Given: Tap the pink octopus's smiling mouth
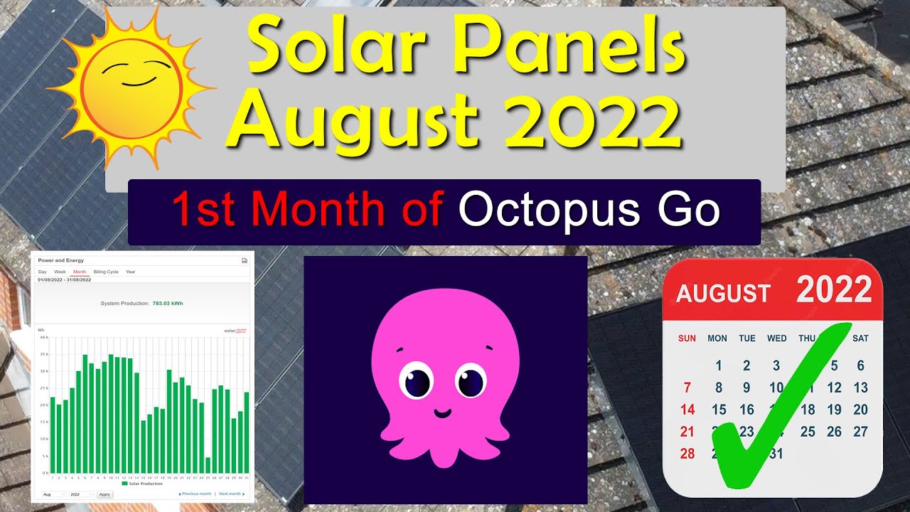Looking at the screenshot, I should click(x=443, y=412).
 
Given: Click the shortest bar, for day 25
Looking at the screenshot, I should click(x=208, y=465).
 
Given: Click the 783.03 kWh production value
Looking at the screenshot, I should click(x=167, y=304).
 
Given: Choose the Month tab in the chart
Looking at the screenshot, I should click(x=80, y=272).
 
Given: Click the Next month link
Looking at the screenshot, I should click(x=230, y=494).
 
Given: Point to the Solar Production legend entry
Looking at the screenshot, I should click(x=141, y=484).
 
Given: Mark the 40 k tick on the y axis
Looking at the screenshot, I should click(x=43, y=337).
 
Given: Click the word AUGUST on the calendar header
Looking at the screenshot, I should click(x=723, y=294).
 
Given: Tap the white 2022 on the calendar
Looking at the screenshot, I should click(x=833, y=290).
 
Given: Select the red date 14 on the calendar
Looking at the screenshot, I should click(x=687, y=410).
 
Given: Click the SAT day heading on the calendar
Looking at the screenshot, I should click(x=860, y=338).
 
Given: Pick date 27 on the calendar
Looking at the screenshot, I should click(x=861, y=432).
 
